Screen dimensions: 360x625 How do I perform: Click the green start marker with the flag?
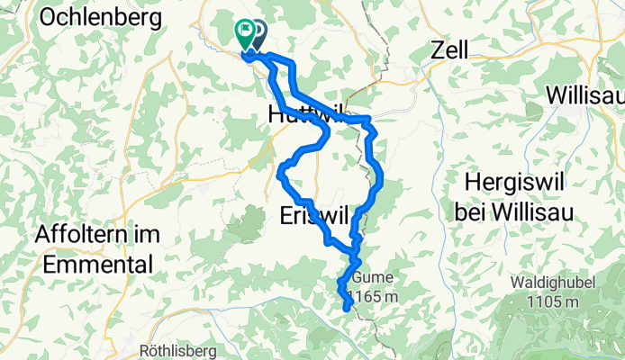[244, 33]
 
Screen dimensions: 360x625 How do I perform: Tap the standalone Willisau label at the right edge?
[584, 94]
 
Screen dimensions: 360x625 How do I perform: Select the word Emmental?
[94, 265]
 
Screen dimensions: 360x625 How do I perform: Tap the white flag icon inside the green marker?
[244, 30]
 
